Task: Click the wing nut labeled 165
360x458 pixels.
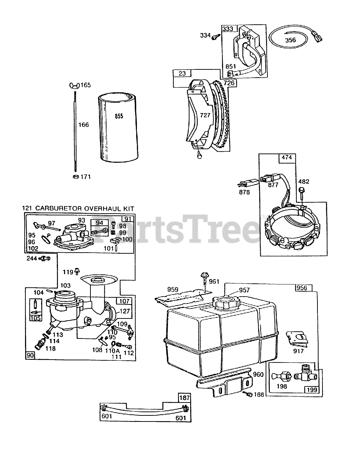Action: point(75,85)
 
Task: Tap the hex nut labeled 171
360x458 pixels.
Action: point(75,177)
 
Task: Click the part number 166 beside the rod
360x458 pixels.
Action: point(84,125)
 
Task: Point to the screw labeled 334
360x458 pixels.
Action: point(215,36)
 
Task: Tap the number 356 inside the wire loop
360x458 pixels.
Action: point(290,40)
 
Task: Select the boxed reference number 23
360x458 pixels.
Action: point(182,74)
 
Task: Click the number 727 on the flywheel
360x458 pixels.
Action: point(205,115)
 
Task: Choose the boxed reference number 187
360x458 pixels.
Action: point(184,398)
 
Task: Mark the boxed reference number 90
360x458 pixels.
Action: point(30,355)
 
